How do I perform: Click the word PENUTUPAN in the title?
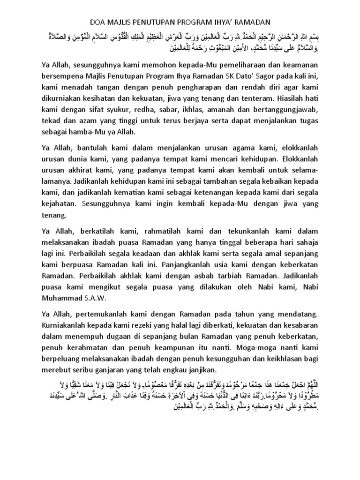151,22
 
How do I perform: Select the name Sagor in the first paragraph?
264,76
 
